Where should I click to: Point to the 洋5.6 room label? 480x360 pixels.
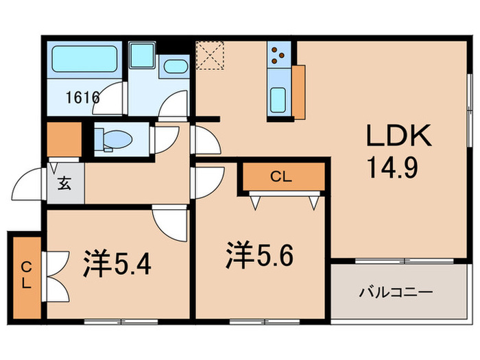tap(261, 256)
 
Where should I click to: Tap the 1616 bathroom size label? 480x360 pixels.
tap(83, 97)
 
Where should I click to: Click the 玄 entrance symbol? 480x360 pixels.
tap(63, 183)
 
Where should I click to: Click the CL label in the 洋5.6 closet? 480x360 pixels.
tap(281, 176)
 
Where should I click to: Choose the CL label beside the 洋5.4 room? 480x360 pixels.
tap(25, 275)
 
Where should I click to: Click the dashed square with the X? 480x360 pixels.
tap(210, 55)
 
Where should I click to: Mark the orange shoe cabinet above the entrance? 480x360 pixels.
tap(63, 139)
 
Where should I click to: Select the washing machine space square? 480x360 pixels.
tap(143, 55)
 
